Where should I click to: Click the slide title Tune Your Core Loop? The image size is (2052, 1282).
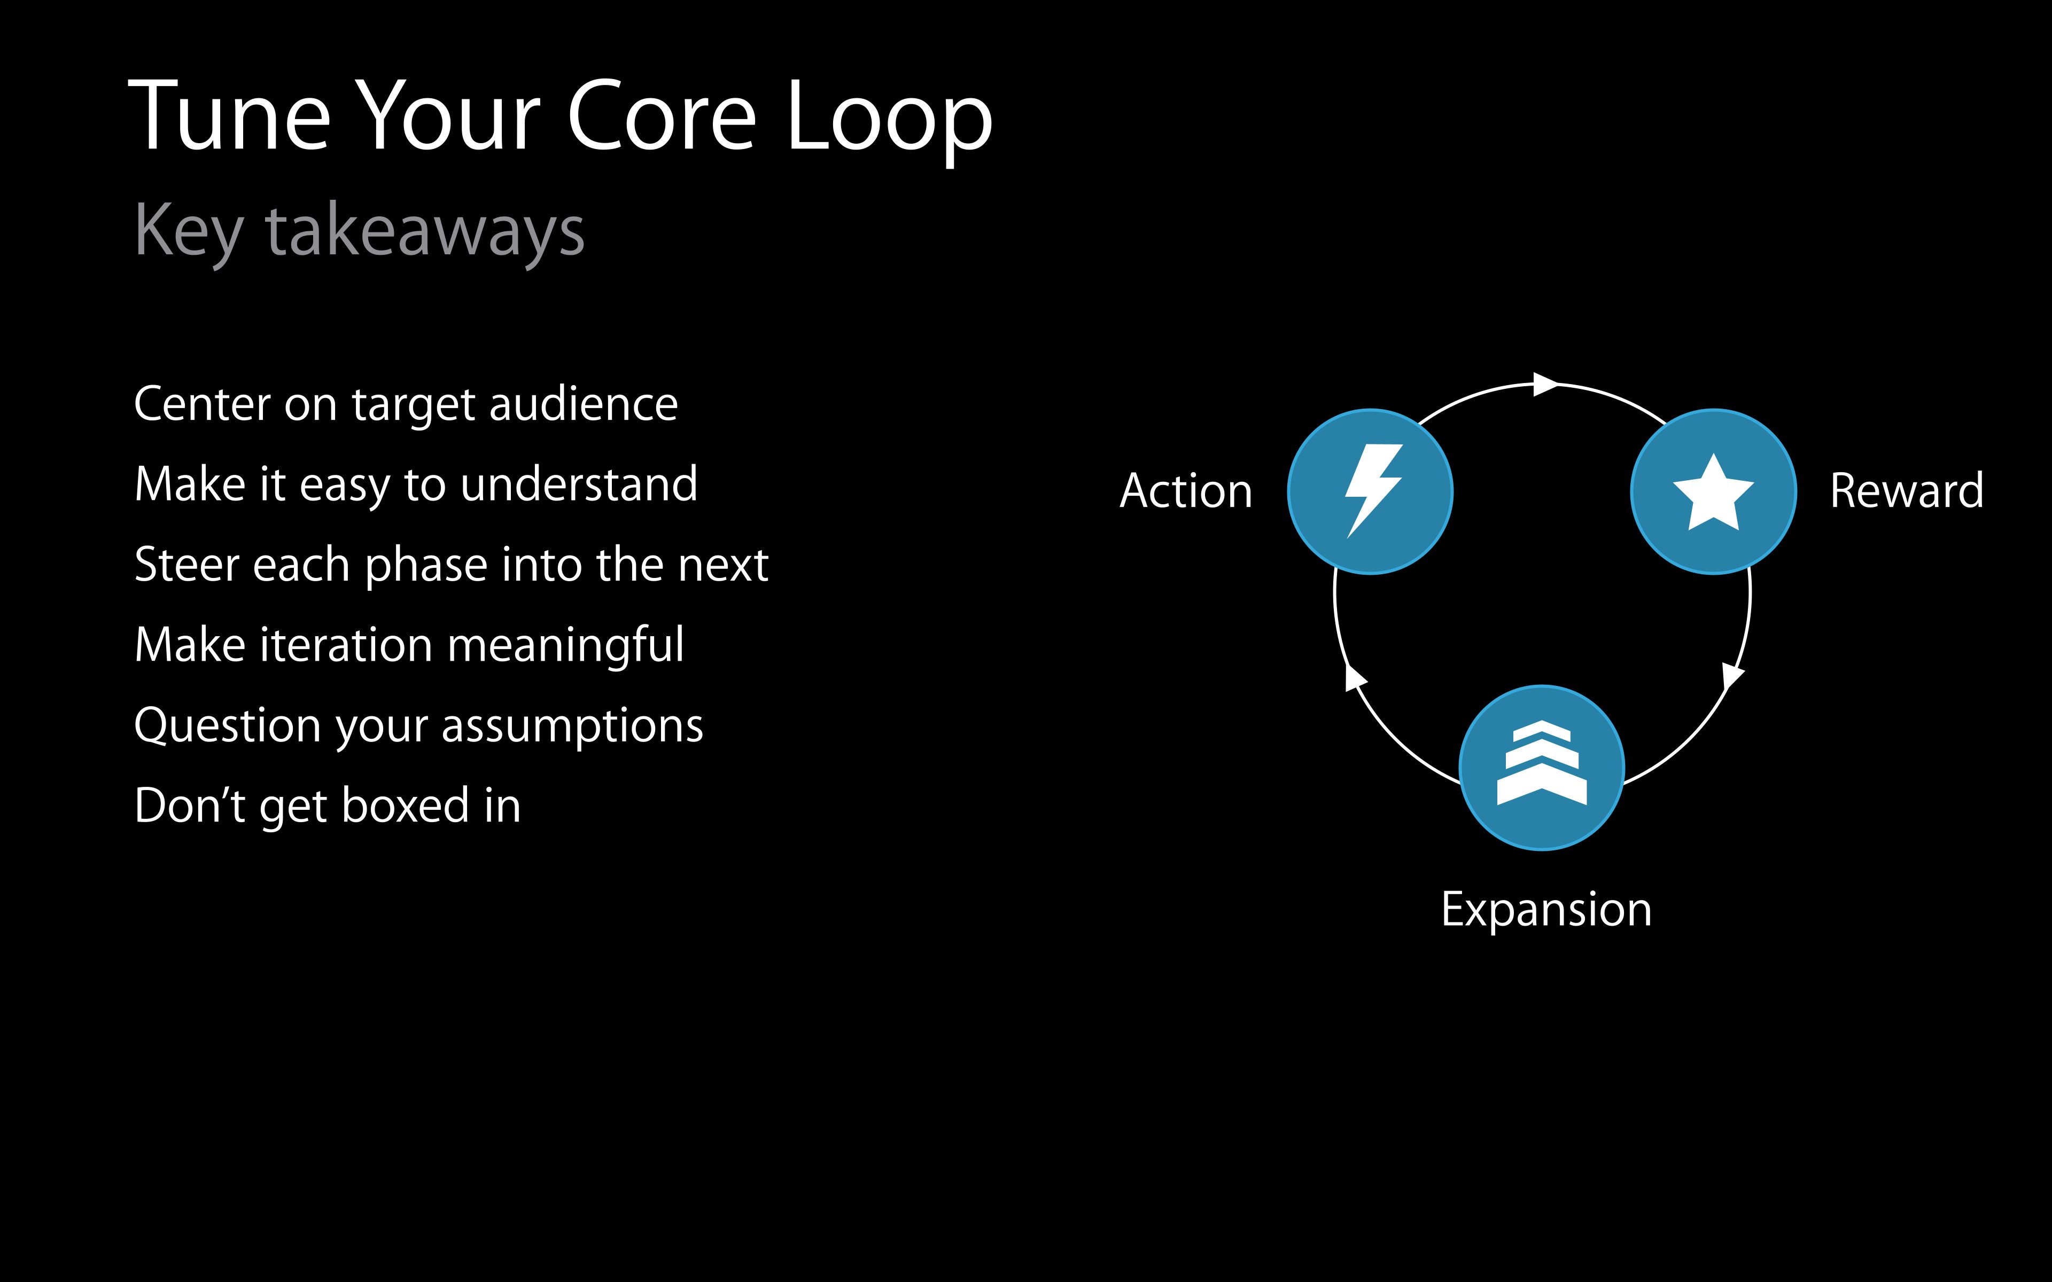[x=559, y=117]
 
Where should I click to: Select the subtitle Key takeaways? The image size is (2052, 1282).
[x=360, y=231]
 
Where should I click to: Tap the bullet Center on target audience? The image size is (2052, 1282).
[x=405, y=404]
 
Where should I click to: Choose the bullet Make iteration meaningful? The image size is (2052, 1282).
[x=409, y=645]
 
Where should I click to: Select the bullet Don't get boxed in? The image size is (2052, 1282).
[x=327, y=806]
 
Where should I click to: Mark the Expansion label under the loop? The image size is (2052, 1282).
[x=1546, y=910]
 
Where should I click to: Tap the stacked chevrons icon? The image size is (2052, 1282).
[x=1542, y=763]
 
